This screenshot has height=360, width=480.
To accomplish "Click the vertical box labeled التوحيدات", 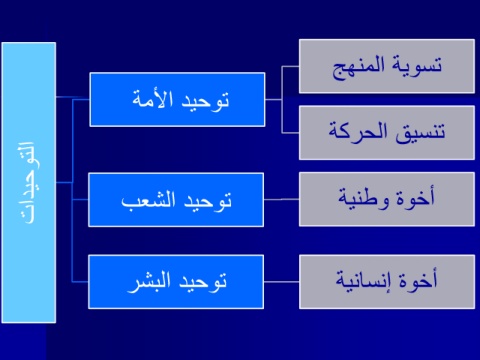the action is pos(29,183).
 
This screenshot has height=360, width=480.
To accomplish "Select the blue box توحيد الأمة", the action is pos(177,99).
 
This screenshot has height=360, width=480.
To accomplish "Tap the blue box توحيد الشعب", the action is pos(176,200).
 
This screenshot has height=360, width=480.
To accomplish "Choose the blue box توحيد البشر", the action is pos(176,282).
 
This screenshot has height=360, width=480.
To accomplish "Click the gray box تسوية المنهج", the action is pos(387,66).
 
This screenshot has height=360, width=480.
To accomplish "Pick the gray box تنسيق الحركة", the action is pos(387,133).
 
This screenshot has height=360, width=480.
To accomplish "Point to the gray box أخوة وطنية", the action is pos(387,199).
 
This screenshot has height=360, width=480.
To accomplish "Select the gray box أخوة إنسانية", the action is pos(387,282).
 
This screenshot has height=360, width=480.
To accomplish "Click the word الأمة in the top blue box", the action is pos(153,99).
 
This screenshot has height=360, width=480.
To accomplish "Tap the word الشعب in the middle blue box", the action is pos(148,200).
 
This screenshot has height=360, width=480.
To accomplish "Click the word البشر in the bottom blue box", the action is pos(149,282).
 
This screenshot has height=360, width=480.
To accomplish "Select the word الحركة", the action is pos(358,131).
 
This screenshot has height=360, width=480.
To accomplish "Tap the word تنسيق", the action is pos(420,133).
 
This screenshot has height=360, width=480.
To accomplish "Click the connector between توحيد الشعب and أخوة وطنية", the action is pos(281,199).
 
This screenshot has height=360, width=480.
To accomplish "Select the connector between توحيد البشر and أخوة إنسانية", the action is pos(281,282).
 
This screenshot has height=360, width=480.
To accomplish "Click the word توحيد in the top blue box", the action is pos(205,100).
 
